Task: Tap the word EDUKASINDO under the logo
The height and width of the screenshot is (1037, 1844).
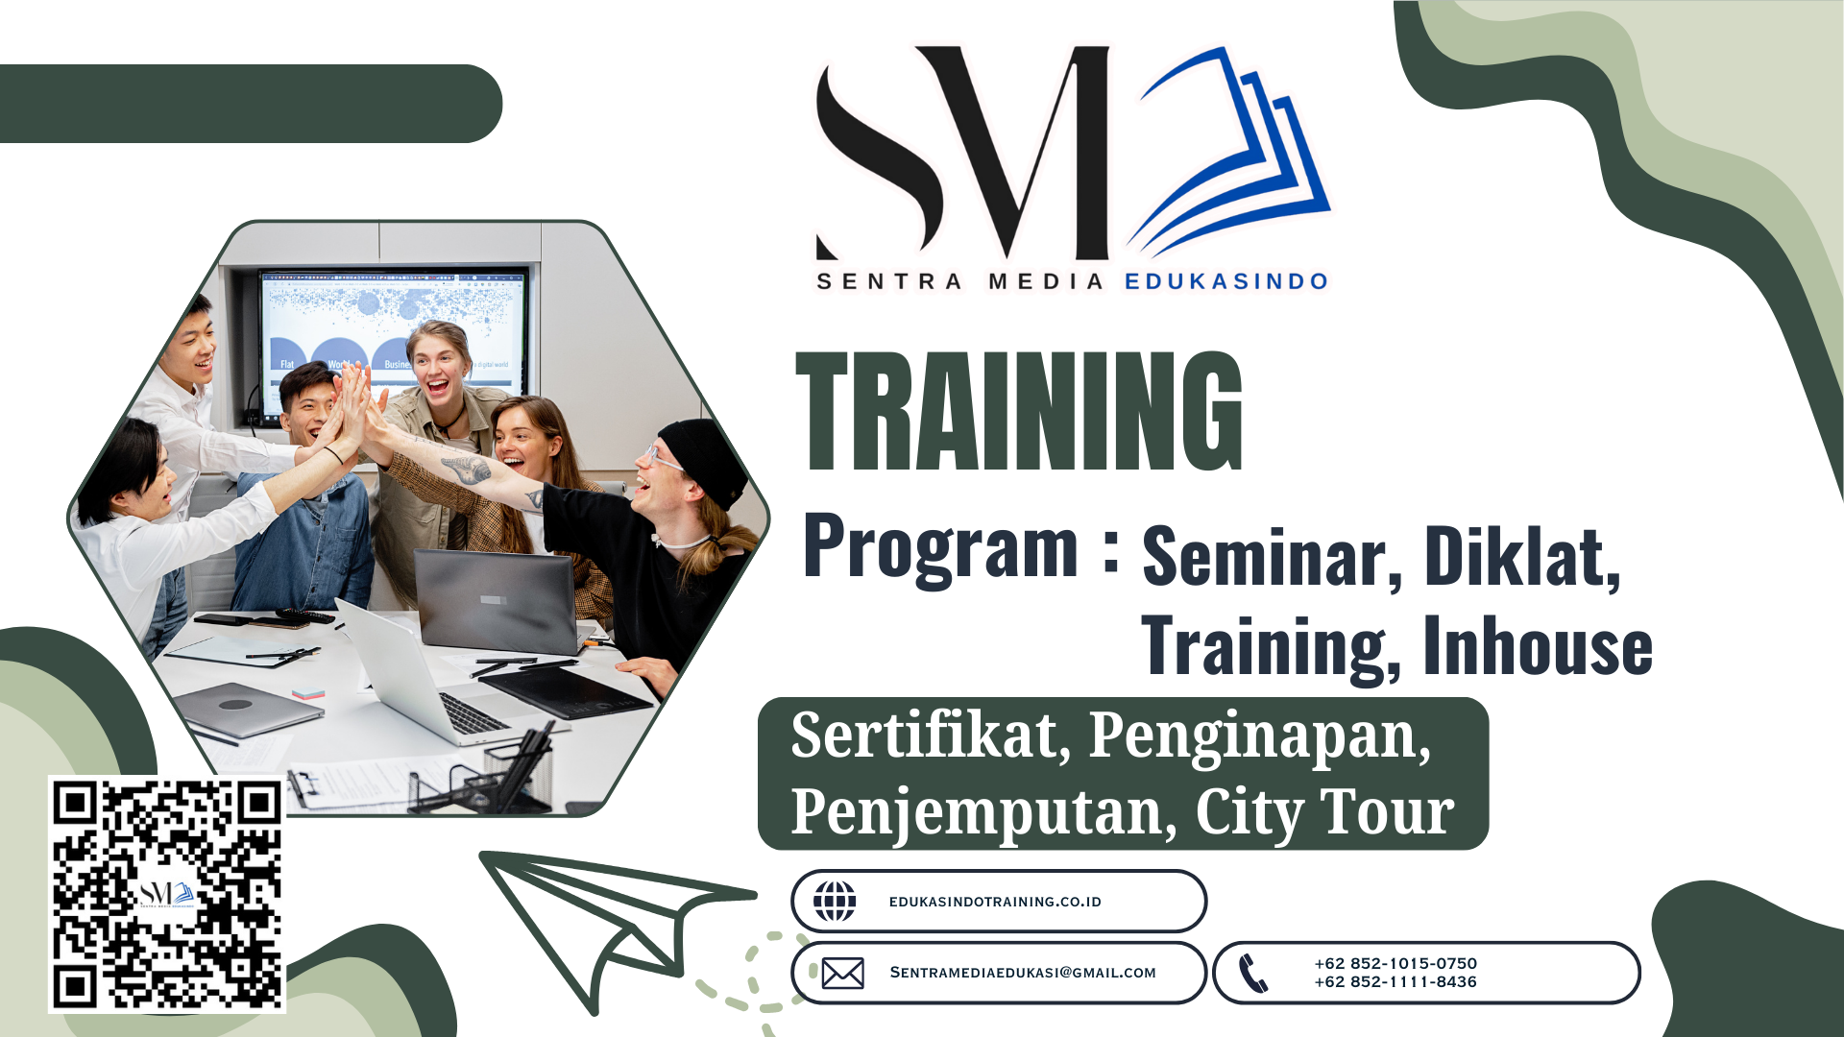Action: click(1226, 281)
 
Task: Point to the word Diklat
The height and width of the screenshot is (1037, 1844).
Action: click(1523, 557)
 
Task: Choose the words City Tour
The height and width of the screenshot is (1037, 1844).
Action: click(1325, 813)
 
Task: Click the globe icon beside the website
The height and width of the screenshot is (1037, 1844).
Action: click(835, 901)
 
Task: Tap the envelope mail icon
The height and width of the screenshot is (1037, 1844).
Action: click(843, 973)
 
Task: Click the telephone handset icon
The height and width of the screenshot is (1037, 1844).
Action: click(1253, 973)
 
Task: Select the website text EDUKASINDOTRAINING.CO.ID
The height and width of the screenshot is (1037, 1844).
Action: click(995, 902)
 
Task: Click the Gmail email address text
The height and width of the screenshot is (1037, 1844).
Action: click(1023, 973)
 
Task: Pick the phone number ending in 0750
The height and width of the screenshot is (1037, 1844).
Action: click(1395, 963)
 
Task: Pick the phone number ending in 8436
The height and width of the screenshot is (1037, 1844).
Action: click(1395, 981)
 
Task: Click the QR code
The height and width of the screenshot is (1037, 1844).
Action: click(167, 894)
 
